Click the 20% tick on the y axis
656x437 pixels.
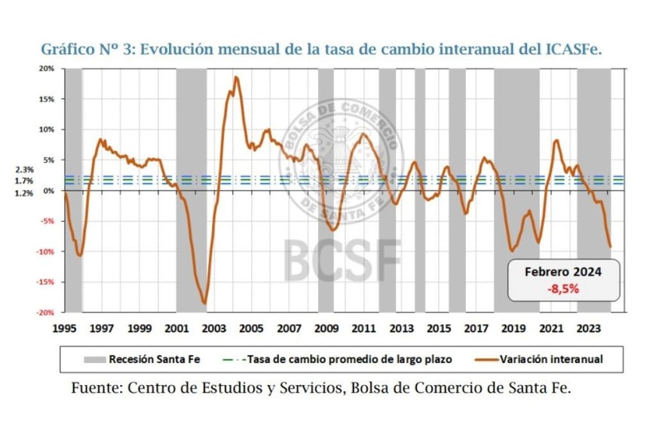pos(46,69)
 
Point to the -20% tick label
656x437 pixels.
pos(45,312)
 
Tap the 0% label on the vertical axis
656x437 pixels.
pos(48,191)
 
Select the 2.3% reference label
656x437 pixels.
pos(24,170)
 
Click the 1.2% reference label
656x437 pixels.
pos(24,194)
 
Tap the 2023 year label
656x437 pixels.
pos(587,329)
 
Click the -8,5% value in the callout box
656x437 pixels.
pos(563,287)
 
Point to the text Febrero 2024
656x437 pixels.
pos(563,271)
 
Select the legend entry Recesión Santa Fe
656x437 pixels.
pos(139,359)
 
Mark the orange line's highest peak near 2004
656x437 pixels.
pos(236,77)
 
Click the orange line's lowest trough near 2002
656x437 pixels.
pos(204,304)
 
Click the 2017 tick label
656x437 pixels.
pos(475,329)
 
